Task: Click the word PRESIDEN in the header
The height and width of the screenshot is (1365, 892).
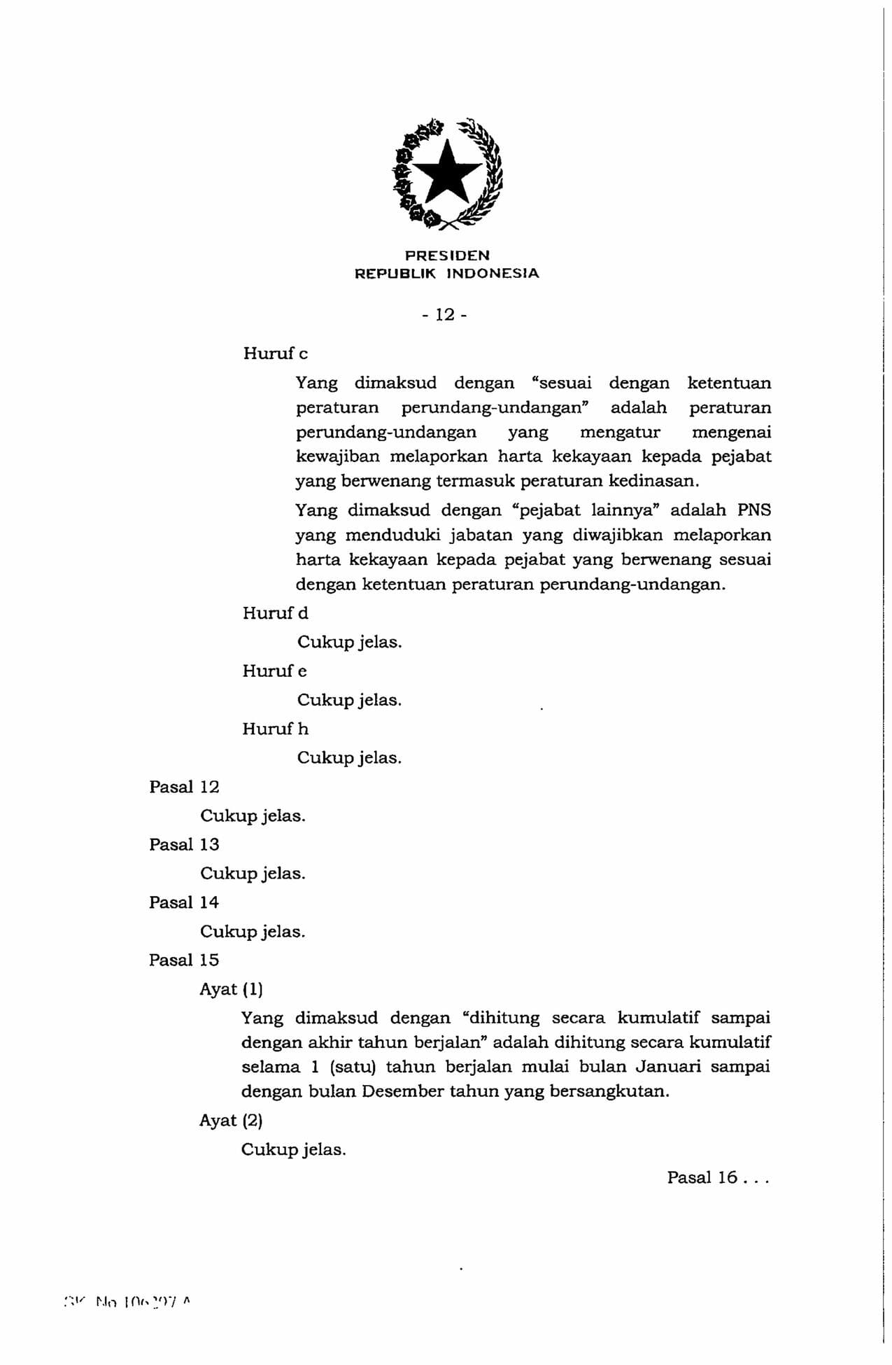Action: (x=447, y=255)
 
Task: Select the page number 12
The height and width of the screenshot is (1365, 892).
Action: (x=445, y=315)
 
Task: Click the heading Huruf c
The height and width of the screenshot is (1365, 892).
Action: (x=275, y=354)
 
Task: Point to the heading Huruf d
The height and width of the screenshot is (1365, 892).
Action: (x=275, y=613)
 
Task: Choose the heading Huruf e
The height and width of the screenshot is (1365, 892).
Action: (x=274, y=671)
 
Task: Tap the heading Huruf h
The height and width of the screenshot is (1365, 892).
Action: (x=275, y=729)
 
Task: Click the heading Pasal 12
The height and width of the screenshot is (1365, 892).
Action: (x=184, y=787)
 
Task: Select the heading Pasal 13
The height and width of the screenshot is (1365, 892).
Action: (x=184, y=845)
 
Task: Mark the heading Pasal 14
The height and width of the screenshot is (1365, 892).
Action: (x=184, y=902)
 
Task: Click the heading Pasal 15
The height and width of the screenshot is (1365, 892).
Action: (x=184, y=960)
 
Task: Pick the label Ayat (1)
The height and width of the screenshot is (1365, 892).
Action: (x=231, y=989)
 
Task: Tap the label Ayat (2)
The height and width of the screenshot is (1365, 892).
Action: (x=231, y=1121)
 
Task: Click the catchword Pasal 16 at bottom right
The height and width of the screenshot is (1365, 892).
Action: (x=716, y=1177)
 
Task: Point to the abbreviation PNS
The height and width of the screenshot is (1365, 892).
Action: (x=754, y=510)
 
